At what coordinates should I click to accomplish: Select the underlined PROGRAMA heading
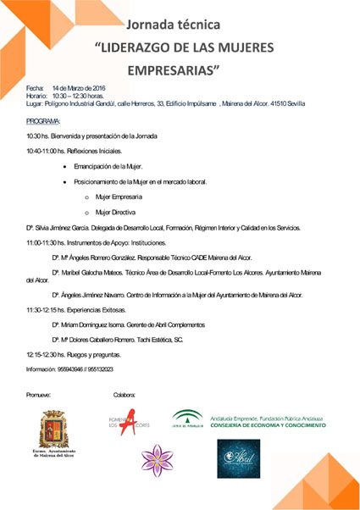tap(43, 121)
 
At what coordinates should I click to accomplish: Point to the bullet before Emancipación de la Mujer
tap(64, 168)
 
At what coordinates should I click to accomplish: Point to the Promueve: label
tap(39, 396)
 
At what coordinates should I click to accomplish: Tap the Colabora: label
tap(125, 396)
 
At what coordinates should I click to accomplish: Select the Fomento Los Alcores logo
tap(127, 424)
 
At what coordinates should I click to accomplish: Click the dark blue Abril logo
tap(238, 458)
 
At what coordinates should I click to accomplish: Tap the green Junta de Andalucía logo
tap(186, 419)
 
